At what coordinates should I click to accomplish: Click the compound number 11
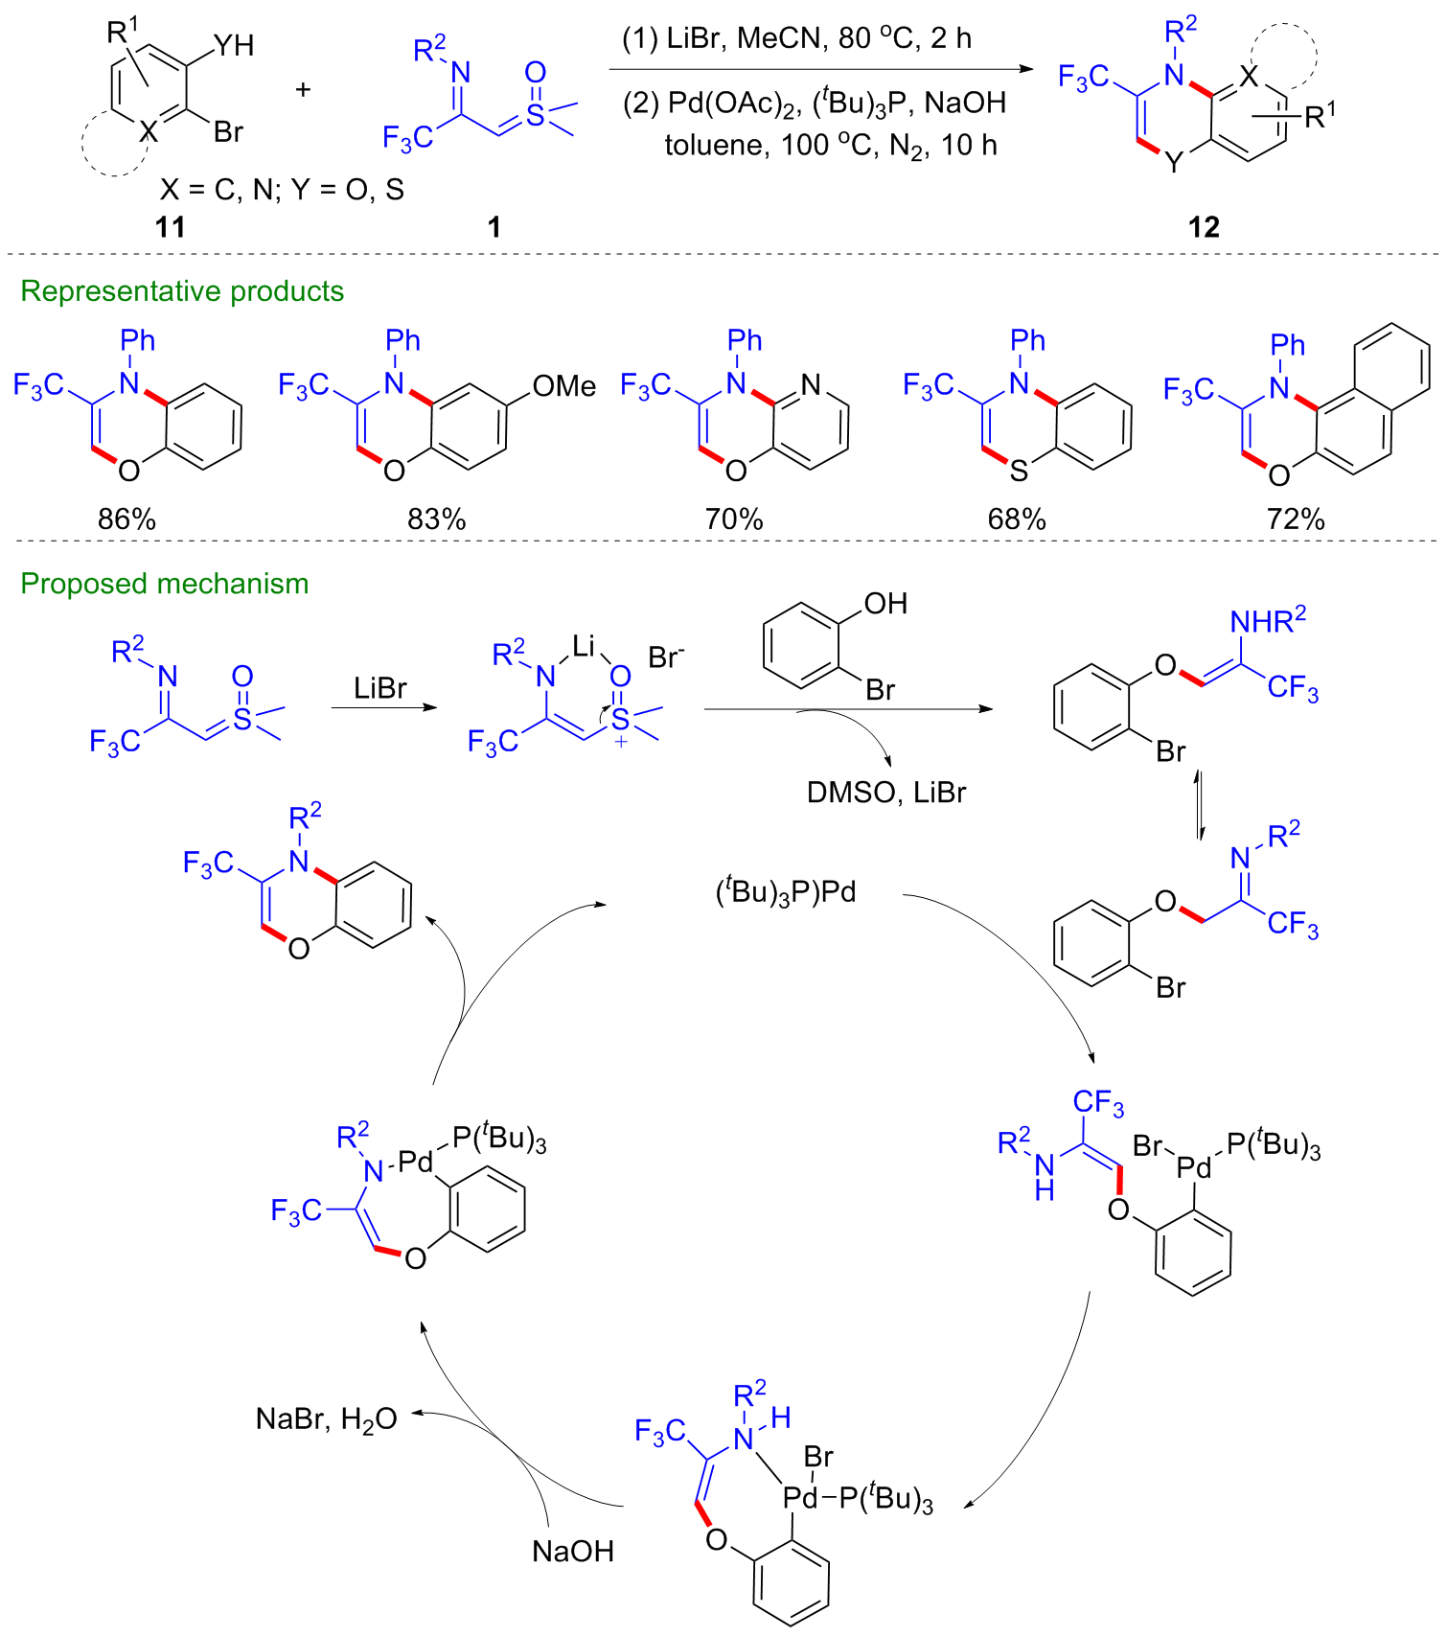[x=170, y=227]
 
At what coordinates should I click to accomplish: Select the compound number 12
[x=1204, y=227]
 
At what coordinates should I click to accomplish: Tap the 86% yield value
[x=126, y=519]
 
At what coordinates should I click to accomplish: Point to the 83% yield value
[x=436, y=519]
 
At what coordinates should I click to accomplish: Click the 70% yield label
[x=734, y=519]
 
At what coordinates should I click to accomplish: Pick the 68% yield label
[x=1017, y=519]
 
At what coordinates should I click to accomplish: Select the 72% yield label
[x=1296, y=519]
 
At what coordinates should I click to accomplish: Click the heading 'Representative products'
[x=182, y=291]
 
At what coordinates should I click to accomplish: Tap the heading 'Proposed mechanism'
[x=165, y=584]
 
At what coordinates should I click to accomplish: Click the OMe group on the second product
[x=563, y=386]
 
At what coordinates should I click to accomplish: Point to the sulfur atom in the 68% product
[x=1019, y=471]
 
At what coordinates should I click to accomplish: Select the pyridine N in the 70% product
[x=811, y=385]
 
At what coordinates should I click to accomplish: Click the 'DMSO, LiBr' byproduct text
[x=885, y=793]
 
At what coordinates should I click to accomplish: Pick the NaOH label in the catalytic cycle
[x=573, y=1551]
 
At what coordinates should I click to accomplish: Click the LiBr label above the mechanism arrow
[x=380, y=688]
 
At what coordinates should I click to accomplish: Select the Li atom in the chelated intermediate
[x=584, y=647]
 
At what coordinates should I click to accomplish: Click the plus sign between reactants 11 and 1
[x=304, y=90]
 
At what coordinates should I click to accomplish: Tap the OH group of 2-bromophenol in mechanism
[x=885, y=604]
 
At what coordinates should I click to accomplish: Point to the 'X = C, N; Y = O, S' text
[x=282, y=190]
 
